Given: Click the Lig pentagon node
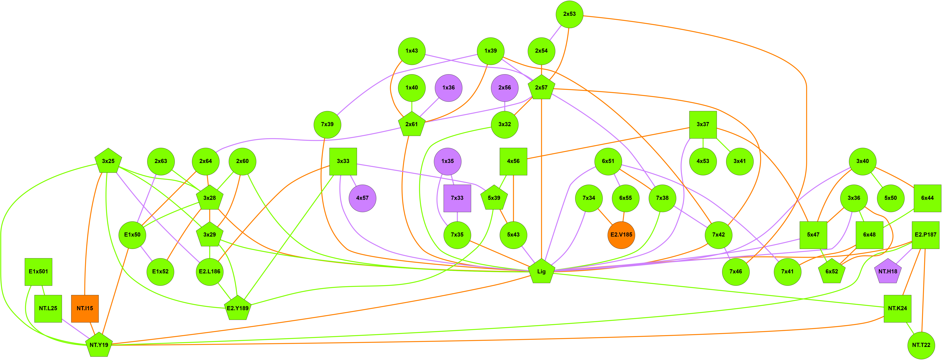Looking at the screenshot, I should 541,272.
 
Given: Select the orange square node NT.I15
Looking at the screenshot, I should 85,308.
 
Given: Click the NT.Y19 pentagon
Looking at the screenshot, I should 99,345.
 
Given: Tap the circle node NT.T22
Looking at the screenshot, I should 921,345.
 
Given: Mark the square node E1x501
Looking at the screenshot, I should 38,272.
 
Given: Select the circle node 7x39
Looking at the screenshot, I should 327,124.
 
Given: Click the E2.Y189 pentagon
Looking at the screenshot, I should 238,308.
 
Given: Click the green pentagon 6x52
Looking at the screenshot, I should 832,272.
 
